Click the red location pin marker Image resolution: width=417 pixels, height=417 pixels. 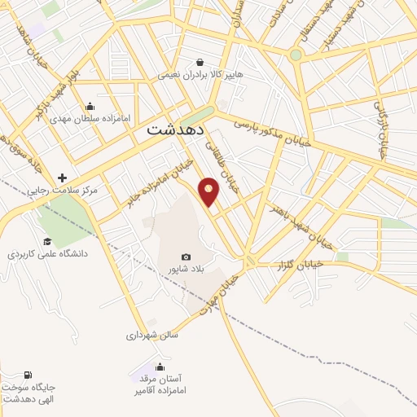pyautogui.click(x=209, y=191)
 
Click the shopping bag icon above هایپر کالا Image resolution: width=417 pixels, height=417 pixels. pyautogui.click(x=200, y=62)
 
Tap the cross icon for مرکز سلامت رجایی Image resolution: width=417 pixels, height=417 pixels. pyautogui.click(x=62, y=178)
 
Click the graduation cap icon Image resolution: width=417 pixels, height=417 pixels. pyautogui.click(x=47, y=241)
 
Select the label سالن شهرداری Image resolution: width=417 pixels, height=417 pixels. pyautogui.click(x=151, y=334)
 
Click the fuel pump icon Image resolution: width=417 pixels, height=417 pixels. pyautogui.click(x=30, y=375)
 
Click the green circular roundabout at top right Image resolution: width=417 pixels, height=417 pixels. pyautogui.click(x=296, y=55)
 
